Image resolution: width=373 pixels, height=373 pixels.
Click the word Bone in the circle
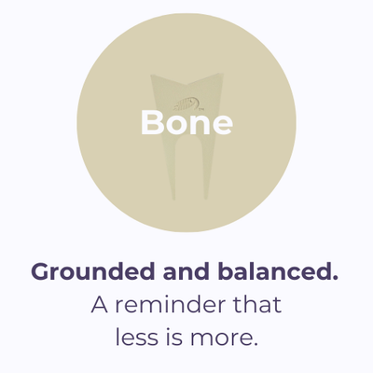click(x=186, y=122)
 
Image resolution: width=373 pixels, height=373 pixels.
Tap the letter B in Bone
click(x=151, y=122)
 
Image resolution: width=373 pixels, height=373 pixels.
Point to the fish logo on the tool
click(x=186, y=104)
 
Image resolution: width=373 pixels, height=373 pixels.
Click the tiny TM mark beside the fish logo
click(x=200, y=109)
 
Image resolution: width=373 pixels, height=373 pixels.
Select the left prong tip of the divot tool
click(x=173, y=199)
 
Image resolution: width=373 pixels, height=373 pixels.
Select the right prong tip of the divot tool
click(x=205, y=198)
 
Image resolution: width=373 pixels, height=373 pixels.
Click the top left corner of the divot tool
click(x=151, y=75)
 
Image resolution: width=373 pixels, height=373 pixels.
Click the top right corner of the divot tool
click(x=223, y=74)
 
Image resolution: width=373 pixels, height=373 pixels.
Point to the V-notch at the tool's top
click(x=186, y=86)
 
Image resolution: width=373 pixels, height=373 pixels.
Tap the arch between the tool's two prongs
click(x=189, y=139)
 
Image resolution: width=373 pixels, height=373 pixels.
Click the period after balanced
click(x=335, y=277)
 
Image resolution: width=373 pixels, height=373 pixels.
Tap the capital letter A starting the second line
click(x=100, y=305)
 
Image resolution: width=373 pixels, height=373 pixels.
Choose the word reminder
click(x=169, y=305)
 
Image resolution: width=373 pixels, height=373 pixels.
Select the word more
click(x=224, y=339)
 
